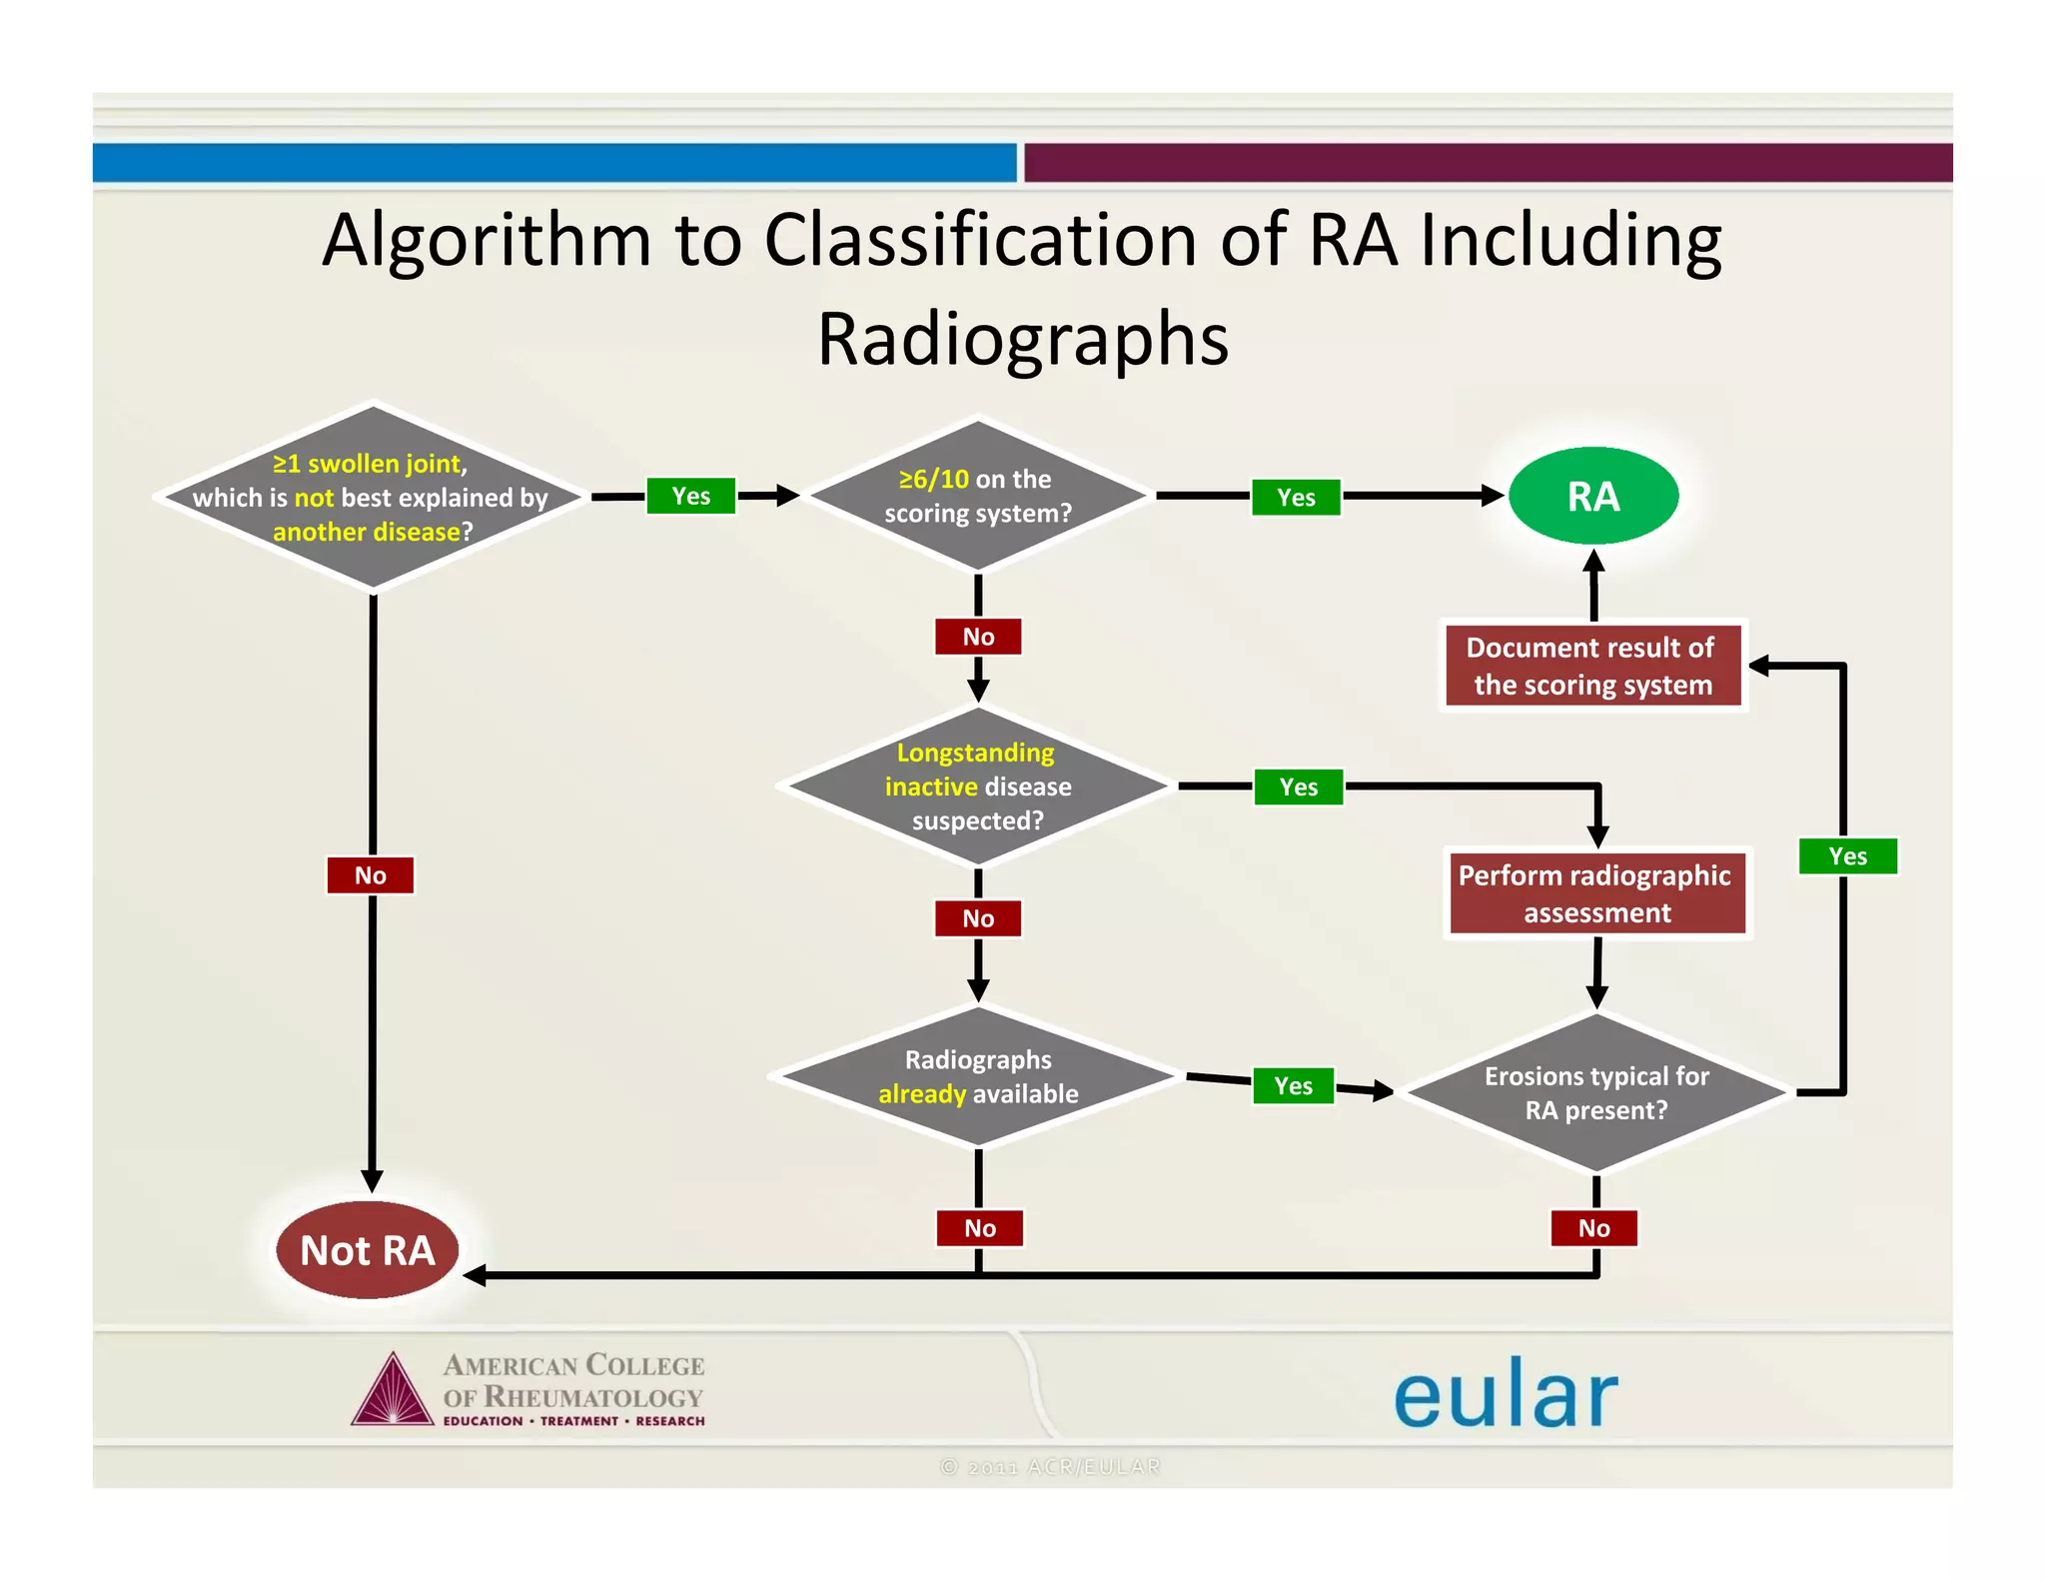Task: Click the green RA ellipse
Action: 1592,497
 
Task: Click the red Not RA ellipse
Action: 367,1250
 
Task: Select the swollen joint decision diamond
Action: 371,497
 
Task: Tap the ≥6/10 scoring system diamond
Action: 977,497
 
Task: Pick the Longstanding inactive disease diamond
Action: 977,787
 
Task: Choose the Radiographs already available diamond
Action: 977,1076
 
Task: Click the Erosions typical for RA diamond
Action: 1595,1093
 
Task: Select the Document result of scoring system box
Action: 1592,666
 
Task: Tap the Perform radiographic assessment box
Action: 1595,893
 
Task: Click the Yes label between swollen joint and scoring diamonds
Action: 690,497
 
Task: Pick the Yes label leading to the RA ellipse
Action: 1296,498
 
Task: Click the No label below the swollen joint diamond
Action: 370,875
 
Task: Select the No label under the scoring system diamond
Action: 978,637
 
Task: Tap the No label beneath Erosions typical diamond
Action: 1593,1228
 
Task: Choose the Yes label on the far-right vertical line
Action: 1847,856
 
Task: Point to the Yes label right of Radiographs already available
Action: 1293,1086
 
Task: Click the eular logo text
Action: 1505,1394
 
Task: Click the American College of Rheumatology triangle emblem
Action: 393,1391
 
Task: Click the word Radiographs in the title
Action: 1022,340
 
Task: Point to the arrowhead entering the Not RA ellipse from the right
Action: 475,1275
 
